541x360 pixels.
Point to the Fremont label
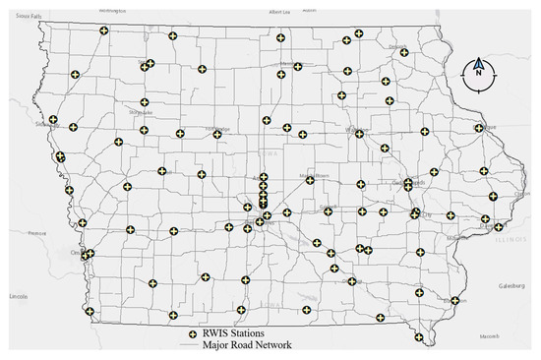37,233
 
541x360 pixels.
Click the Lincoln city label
14,296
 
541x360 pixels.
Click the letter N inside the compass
478,73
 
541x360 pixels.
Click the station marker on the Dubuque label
480,127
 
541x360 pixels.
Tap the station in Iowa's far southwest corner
89,311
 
